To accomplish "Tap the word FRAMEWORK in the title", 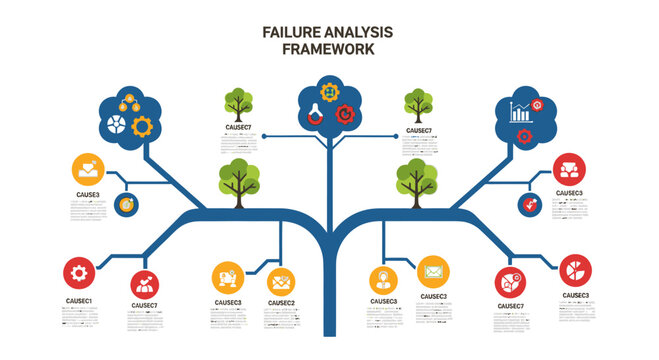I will (329, 48).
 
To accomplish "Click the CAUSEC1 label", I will (79, 301).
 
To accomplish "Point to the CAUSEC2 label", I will (281, 302).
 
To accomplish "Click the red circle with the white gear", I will (79, 272).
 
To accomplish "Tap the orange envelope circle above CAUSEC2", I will (281, 279).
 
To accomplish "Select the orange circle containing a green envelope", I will (433, 271).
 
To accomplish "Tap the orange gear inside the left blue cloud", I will (143, 126).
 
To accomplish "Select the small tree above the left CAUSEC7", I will (238, 103).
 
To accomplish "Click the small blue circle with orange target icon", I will (126, 204).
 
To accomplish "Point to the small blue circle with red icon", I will (529, 204).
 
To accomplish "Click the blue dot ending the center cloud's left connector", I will (263, 135).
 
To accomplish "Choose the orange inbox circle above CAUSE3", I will (88, 169).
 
